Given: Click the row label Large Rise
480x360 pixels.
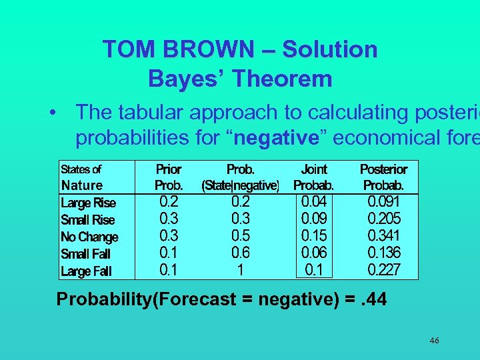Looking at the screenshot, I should [88, 203].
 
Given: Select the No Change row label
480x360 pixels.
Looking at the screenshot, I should [89, 237].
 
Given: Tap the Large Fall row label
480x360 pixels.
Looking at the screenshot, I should [87, 271].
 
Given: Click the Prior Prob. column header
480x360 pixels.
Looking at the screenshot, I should [168, 177].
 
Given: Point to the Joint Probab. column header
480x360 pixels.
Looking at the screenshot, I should [314, 177].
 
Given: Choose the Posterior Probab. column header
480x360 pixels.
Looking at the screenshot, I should [383, 177].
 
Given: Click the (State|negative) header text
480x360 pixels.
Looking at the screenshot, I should [240, 185].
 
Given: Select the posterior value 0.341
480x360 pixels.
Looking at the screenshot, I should [384, 235].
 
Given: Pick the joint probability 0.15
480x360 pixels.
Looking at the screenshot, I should [315, 235].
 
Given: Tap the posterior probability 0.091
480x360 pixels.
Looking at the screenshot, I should [384, 201].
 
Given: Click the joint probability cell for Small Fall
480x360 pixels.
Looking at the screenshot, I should [315, 253].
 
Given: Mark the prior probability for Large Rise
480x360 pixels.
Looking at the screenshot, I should [168, 201].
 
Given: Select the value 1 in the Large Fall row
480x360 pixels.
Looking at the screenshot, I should [240, 270].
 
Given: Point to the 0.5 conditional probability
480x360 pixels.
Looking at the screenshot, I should [240, 235].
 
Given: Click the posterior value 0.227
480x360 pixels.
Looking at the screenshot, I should [384, 270].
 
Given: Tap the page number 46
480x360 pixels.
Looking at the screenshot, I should [434, 341].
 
